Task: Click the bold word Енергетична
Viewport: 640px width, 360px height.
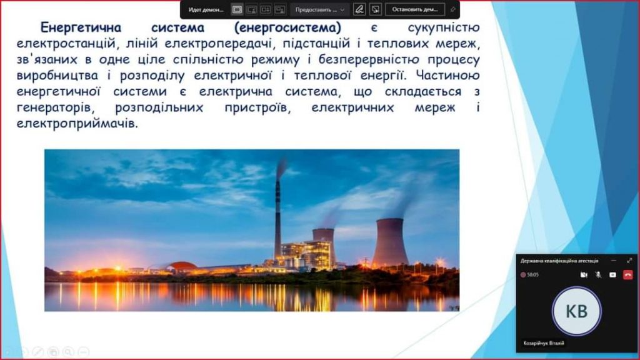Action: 81,28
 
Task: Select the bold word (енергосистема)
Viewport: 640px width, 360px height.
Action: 287,28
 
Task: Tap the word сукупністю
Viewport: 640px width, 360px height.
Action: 444,28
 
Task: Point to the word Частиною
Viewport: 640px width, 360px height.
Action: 448,76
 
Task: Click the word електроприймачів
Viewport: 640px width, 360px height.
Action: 77,123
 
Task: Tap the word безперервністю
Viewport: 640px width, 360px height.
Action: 369,60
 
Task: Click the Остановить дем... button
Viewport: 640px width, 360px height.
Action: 415,9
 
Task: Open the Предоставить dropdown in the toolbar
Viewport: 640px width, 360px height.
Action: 319,9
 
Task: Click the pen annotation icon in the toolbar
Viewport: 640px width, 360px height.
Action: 359,9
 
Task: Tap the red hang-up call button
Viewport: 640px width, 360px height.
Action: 627,275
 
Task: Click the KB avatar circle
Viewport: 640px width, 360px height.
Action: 576,311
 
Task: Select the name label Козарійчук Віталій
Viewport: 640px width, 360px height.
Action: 544,343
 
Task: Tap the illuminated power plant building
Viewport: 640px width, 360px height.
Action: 305,255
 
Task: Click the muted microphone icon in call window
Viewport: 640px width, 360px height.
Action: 598,275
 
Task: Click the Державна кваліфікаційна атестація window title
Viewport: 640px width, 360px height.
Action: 559,261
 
